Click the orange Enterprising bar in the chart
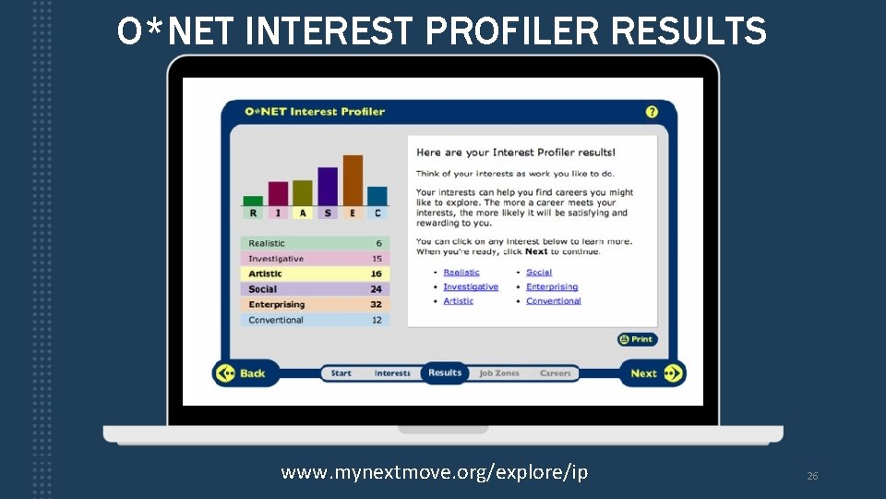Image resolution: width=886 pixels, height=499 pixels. pos(353,179)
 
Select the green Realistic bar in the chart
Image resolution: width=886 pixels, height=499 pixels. pos(253,200)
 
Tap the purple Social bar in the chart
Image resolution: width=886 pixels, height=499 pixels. pos(328,186)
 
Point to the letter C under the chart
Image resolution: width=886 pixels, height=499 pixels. pos(377,213)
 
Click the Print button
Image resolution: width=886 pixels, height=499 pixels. pos(638,339)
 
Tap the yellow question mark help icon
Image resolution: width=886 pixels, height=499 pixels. pos(652,112)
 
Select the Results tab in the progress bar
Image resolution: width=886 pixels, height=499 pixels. pos(445,373)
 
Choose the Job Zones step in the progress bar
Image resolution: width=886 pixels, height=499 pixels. pos(499,373)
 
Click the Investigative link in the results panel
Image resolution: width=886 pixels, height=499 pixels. pos(471,286)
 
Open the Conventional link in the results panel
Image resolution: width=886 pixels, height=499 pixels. pos(554,300)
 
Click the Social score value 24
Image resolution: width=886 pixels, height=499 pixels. pos(376,289)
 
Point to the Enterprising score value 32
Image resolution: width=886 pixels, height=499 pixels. pos(376,304)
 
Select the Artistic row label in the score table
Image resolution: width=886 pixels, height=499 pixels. pos(265,274)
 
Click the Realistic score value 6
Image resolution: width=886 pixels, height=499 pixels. pos(378,243)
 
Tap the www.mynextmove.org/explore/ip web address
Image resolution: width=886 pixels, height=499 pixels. pos(434,472)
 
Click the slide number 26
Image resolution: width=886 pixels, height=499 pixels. pos(812,476)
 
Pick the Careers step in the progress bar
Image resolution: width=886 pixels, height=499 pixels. pos(556,373)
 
